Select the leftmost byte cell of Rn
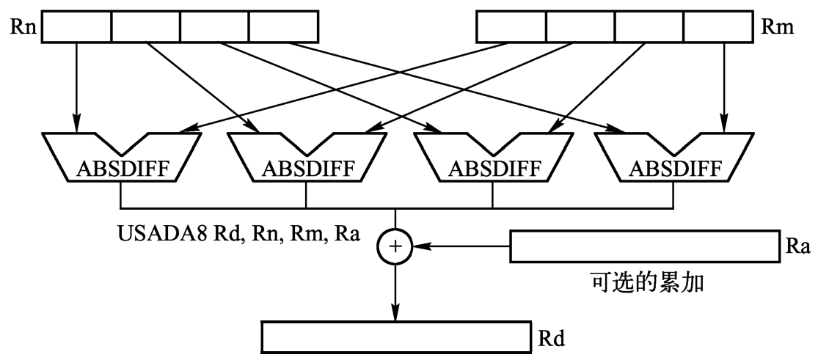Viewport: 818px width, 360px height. pos(76,28)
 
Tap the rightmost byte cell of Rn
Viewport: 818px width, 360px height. pos(284,28)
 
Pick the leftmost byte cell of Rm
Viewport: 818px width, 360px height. pos(511,28)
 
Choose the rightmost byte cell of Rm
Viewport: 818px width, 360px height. pos(717,28)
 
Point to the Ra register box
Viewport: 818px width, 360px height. pos(645,248)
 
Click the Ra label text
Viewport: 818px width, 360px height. pos(797,248)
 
